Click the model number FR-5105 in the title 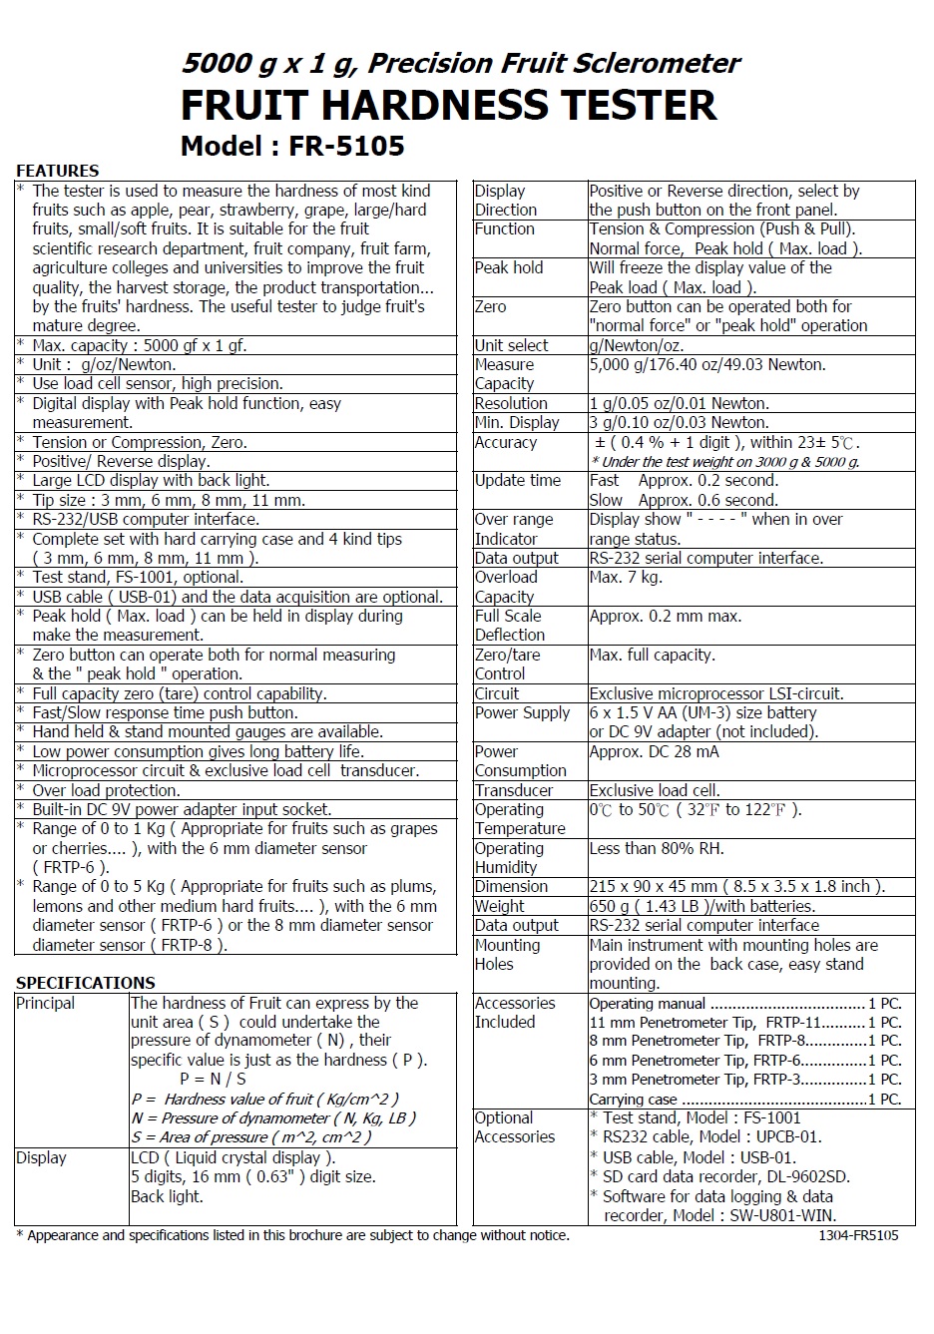pos(346,147)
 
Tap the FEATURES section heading pos(58,171)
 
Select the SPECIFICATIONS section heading pos(86,983)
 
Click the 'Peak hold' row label pos(509,267)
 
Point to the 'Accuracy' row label pos(506,442)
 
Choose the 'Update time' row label pos(518,480)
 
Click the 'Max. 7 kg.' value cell pos(626,577)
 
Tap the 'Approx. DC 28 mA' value pos(654,751)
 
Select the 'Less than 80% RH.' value pos(657,848)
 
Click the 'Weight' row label pos(500,906)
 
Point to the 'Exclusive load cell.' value pos(655,790)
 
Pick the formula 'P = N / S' pos(213,1079)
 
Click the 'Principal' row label pos(46,1003)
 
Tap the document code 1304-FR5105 pos(858,1235)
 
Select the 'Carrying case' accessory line pos(633,1099)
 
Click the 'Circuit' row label pos(497,693)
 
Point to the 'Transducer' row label pos(514,790)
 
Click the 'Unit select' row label pos(512,345)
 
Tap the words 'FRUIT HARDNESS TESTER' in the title pos(448,106)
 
